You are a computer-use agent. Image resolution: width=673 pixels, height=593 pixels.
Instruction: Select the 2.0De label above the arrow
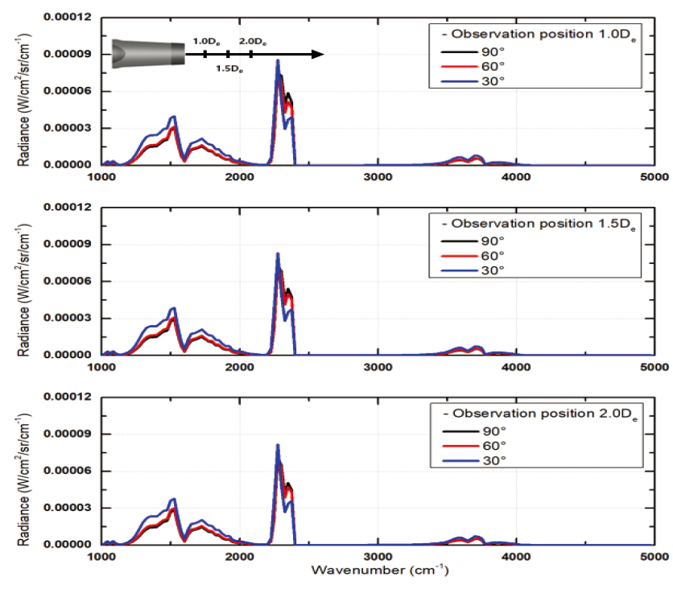pyautogui.click(x=253, y=40)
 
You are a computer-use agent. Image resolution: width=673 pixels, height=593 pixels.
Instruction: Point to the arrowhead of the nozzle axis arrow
pyautogui.click(x=318, y=54)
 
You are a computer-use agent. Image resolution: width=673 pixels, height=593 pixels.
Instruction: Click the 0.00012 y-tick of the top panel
pyautogui.click(x=67, y=17)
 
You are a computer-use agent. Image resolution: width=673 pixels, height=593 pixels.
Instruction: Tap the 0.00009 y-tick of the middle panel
pyautogui.click(x=67, y=244)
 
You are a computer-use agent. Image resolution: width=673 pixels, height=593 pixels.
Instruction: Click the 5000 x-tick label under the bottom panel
pyautogui.click(x=653, y=556)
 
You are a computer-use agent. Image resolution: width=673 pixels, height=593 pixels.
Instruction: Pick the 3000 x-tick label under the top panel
pyautogui.click(x=378, y=176)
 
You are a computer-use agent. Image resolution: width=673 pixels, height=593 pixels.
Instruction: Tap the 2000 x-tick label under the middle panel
pyautogui.click(x=240, y=366)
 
